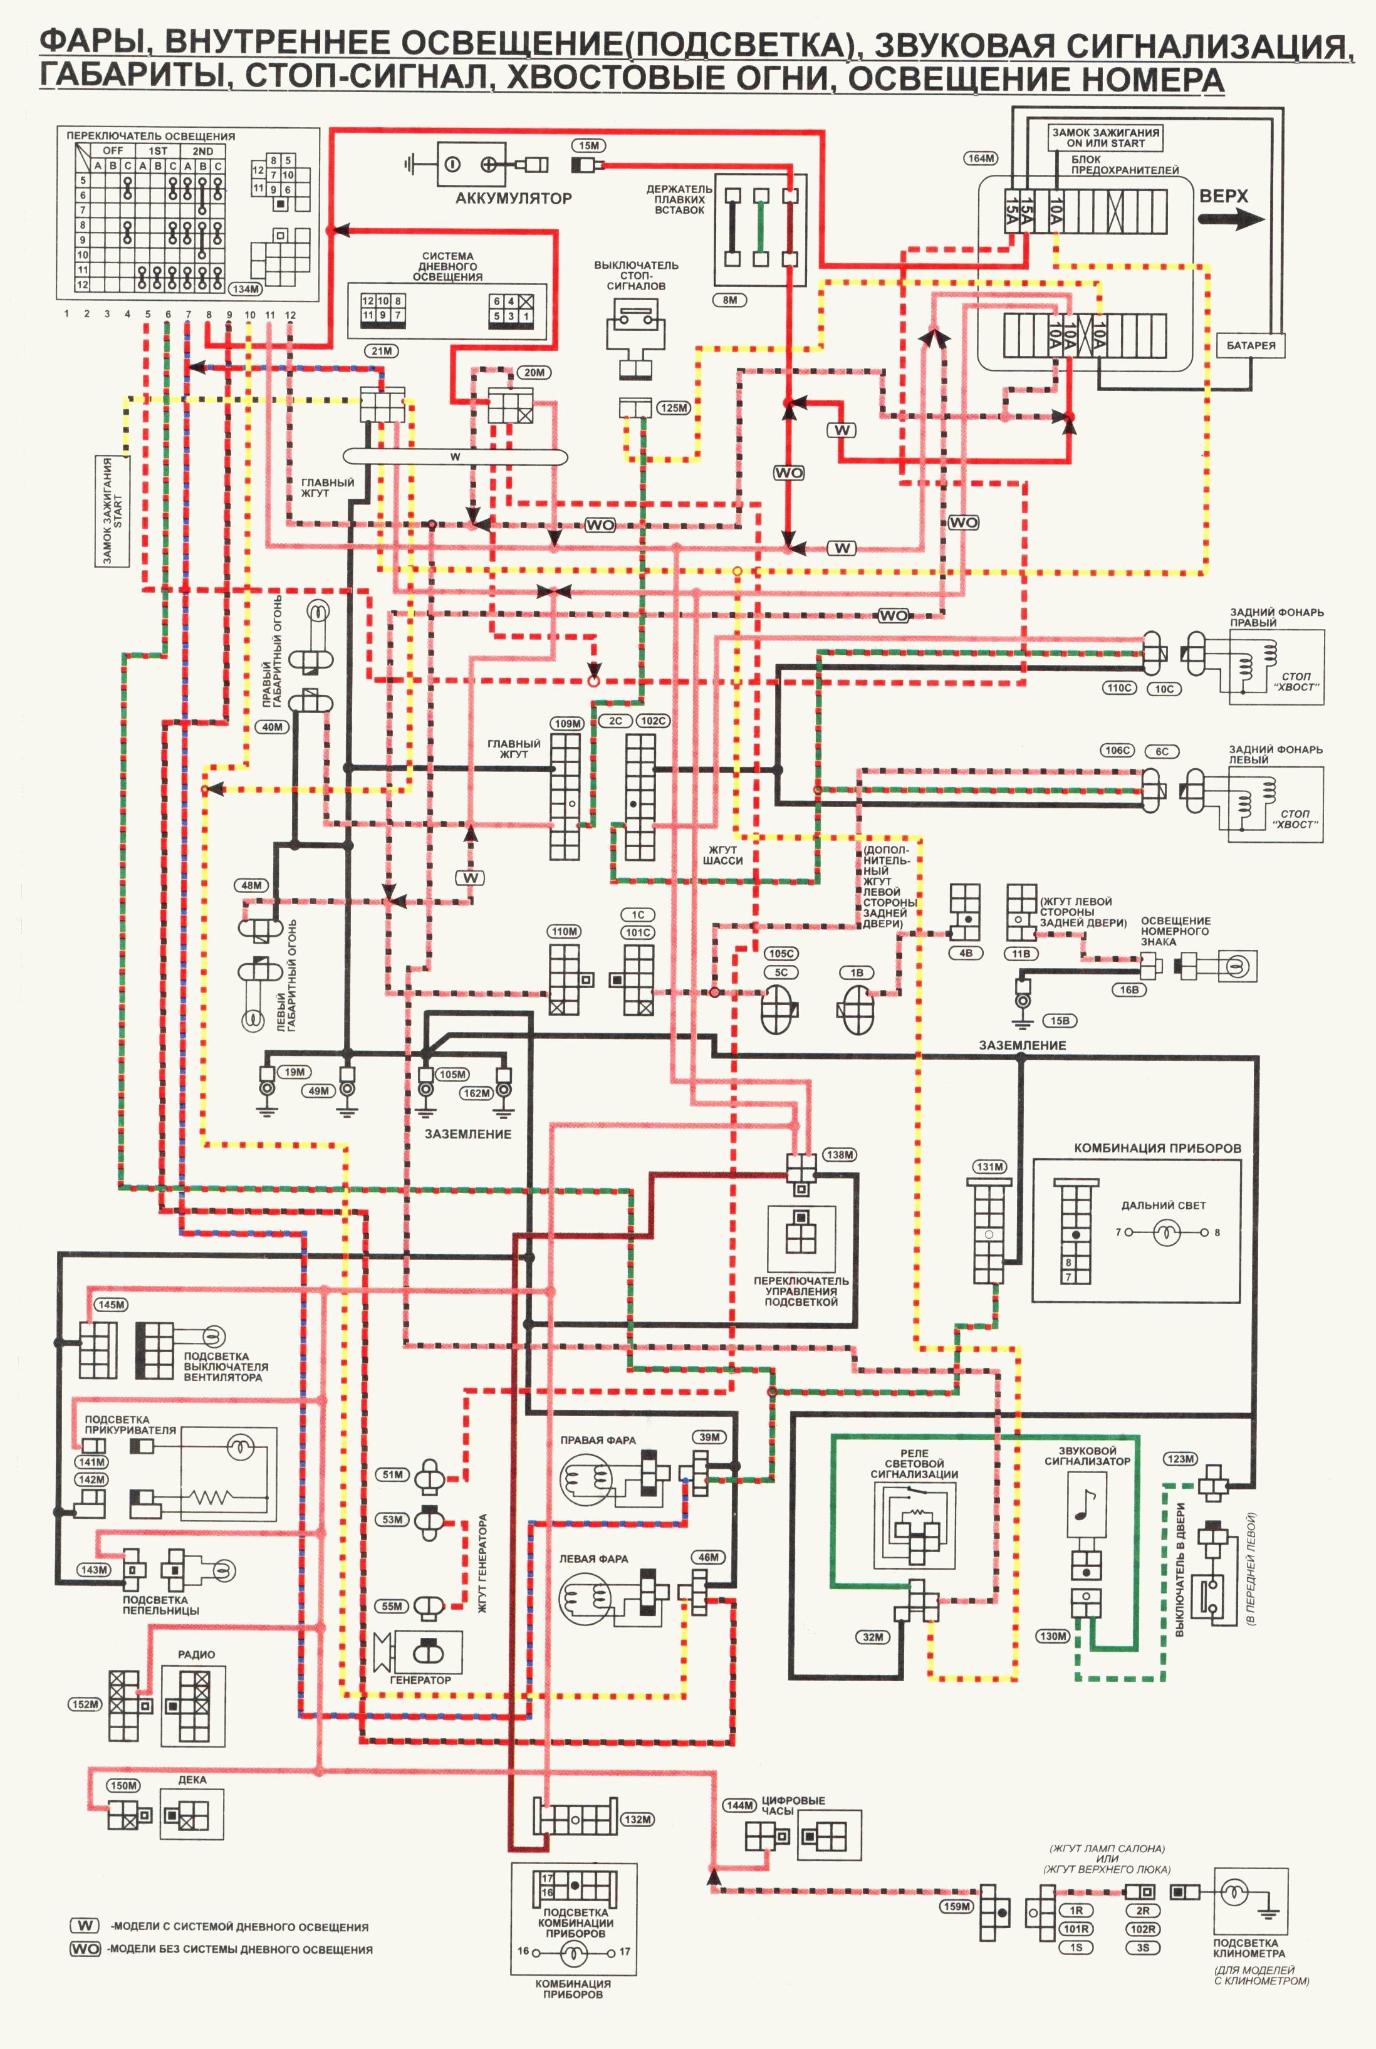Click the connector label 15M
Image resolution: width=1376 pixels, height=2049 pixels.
589,145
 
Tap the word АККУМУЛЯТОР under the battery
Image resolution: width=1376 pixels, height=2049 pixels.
513,198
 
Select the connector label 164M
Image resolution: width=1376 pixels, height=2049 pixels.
981,159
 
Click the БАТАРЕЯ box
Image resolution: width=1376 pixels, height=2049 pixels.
1251,346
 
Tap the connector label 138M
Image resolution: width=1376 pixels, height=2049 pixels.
839,1155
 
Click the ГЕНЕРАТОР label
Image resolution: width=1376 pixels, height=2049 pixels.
420,1679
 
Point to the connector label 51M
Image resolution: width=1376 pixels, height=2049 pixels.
392,1474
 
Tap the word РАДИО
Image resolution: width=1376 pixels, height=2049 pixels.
197,1654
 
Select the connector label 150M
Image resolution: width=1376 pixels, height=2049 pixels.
123,1785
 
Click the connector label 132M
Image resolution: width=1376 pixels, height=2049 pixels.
638,1819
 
